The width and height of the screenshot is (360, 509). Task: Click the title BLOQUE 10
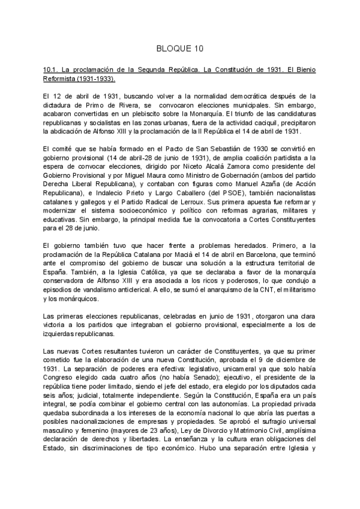[x=180, y=48]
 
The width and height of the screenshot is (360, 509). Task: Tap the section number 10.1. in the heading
[x=46, y=70]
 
